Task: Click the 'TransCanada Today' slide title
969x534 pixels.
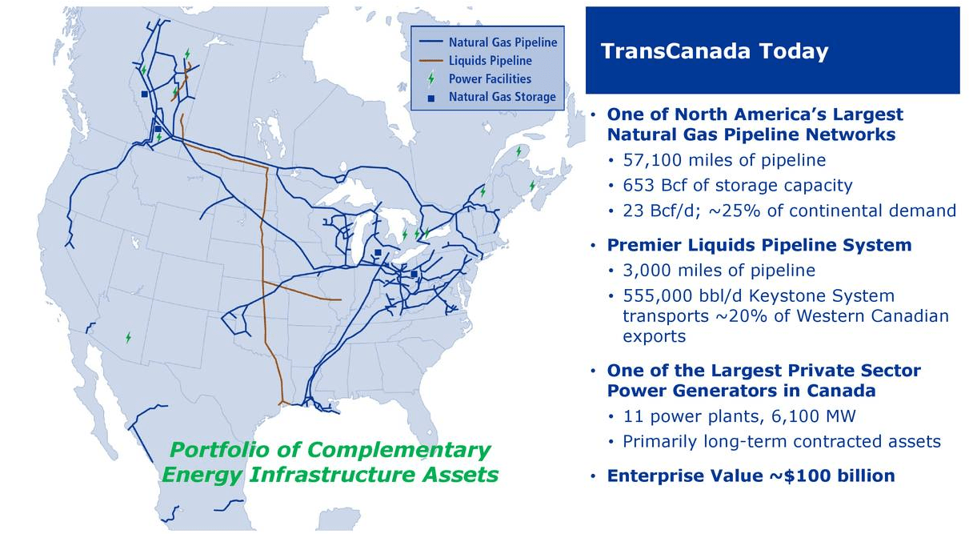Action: click(x=714, y=52)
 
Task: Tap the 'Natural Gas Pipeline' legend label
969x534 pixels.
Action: click(x=503, y=42)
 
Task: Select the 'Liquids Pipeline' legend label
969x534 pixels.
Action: click(x=490, y=60)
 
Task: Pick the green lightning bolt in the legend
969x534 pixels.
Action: click(x=431, y=78)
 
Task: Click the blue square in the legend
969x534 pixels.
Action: click(x=431, y=98)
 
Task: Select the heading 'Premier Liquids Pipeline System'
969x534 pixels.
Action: click(x=759, y=245)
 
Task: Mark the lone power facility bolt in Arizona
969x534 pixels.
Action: click(x=128, y=338)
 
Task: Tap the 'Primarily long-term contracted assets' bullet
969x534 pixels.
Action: click(x=781, y=442)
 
